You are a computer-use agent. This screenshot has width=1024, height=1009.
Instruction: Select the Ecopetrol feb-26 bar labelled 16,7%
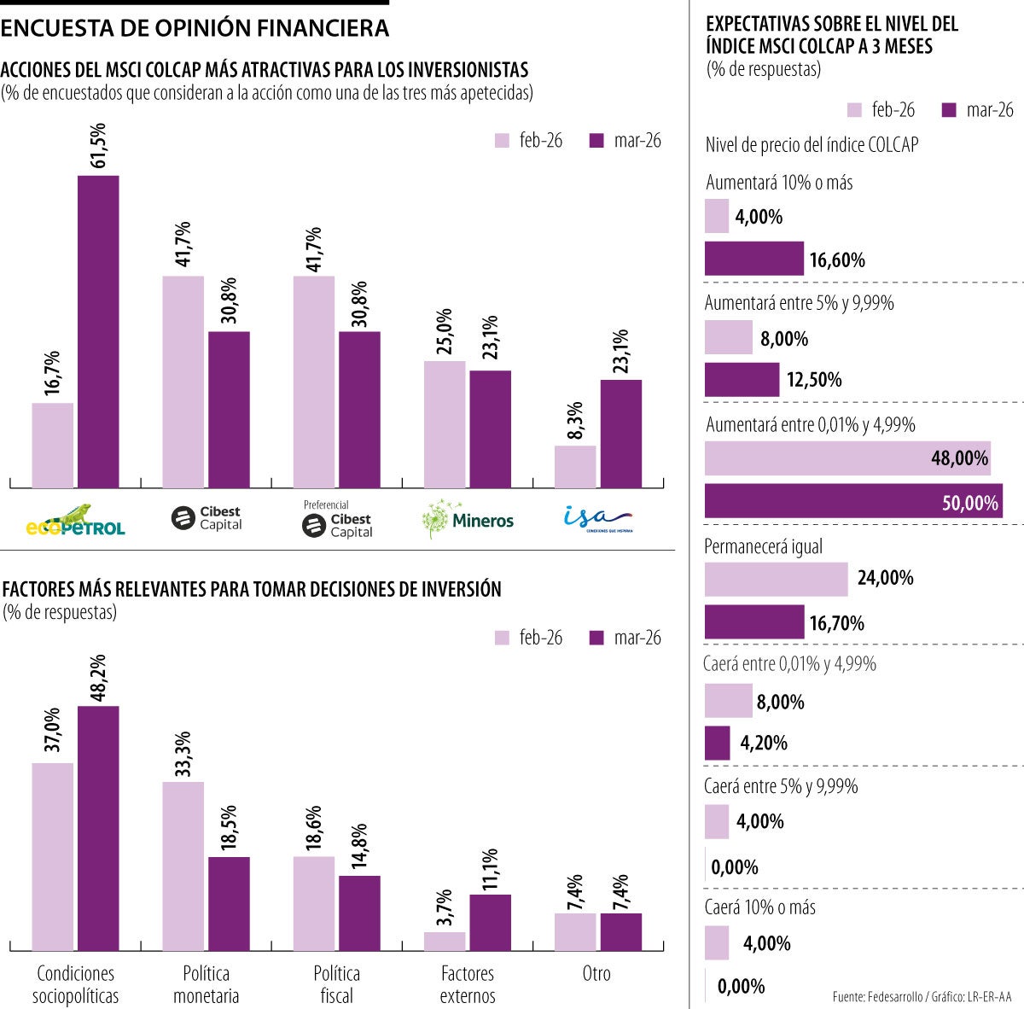coord(53,445)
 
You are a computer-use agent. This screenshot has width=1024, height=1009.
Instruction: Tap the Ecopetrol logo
coord(75,520)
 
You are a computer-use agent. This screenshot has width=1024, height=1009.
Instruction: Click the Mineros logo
coord(468,519)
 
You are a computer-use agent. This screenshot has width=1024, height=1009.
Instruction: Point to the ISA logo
coord(597,518)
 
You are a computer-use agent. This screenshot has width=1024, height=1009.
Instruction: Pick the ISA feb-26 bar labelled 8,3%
coord(575,466)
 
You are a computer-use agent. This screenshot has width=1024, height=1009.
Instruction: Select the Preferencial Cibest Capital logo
coord(338,520)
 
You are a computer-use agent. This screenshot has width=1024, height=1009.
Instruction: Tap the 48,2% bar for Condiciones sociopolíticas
coord(98,828)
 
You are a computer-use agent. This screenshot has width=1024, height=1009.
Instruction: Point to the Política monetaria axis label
coord(206,984)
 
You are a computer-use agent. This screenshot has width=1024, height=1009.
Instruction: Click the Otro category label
coord(596,974)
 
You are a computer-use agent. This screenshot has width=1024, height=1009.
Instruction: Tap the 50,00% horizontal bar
coord(853,501)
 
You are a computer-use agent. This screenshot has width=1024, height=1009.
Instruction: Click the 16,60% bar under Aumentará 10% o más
coord(753,259)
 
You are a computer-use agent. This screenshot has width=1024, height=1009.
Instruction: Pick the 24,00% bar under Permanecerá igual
coord(776,580)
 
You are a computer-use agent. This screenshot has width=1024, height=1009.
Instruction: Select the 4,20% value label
coord(764,743)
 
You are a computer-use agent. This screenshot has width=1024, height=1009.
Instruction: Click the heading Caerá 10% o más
coord(759,907)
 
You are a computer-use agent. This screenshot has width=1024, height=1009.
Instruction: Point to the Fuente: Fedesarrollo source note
coord(922,996)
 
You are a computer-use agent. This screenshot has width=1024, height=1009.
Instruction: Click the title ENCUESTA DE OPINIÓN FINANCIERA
coord(195,28)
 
